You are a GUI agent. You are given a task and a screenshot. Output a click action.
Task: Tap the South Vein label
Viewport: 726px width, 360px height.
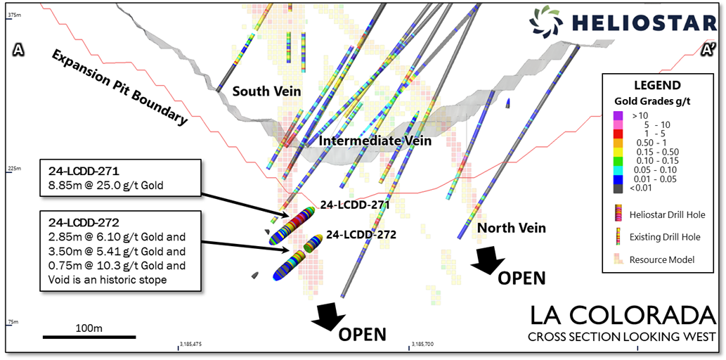pyautogui.click(x=266, y=91)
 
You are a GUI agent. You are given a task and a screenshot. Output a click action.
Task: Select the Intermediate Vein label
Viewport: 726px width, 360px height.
pyautogui.click(x=374, y=141)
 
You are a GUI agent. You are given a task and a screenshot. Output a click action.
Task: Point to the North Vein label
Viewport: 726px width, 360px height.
pyautogui.click(x=511, y=228)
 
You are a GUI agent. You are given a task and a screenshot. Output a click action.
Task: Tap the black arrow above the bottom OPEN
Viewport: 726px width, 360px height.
pyautogui.click(x=328, y=315)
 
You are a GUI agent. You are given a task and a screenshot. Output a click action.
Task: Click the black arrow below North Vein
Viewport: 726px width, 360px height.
pyautogui.click(x=486, y=259)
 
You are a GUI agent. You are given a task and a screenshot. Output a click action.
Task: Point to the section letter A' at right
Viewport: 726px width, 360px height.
pyautogui.click(x=708, y=50)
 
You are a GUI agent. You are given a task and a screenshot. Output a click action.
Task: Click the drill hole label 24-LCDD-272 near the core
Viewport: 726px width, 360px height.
pyautogui.click(x=361, y=235)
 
